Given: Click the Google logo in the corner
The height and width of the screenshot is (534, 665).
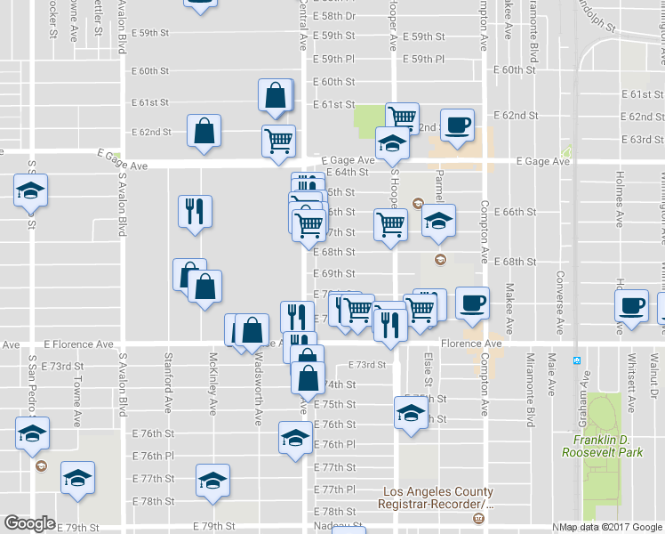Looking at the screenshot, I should [x=29, y=523].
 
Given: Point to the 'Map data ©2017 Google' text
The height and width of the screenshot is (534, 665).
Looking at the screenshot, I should [x=609, y=527].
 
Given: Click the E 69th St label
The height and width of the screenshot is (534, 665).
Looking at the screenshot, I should [x=334, y=273].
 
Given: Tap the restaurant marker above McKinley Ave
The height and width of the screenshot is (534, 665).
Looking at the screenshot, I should [x=195, y=211].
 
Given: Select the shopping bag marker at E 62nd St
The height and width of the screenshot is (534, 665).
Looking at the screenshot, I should [x=204, y=131].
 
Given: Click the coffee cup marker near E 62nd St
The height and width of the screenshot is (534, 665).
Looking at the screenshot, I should [x=457, y=125].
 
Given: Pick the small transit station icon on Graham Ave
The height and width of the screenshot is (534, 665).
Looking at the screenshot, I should [x=577, y=361].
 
